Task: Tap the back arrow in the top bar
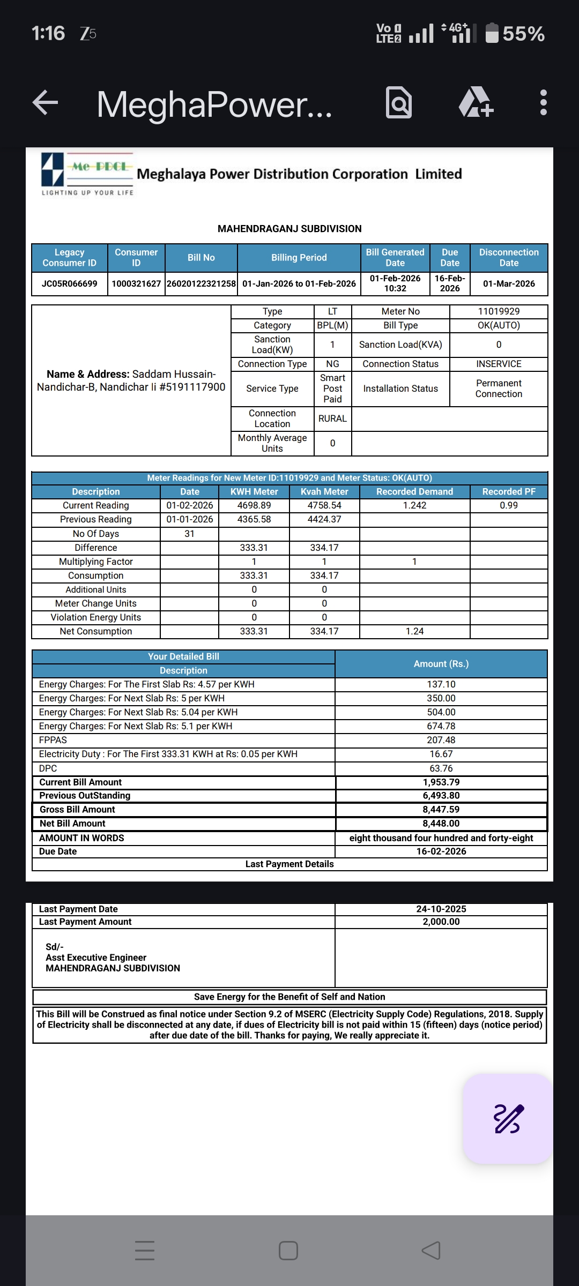pyautogui.click(x=46, y=102)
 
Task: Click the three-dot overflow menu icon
pyautogui.click(x=543, y=102)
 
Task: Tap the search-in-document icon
pyautogui.click(x=399, y=102)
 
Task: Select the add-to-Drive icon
pyautogui.click(x=476, y=102)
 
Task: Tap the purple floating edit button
pyautogui.click(x=508, y=1119)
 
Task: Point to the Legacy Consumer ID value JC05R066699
pyautogui.click(x=70, y=283)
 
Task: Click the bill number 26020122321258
pyautogui.click(x=201, y=283)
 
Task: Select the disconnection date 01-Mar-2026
pyautogui.click(x=509, y=283)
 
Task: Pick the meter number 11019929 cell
pyautogui.click(x=499, y=311)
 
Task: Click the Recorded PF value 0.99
pyautogui.click(x=509, y=505)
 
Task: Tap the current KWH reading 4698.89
pyautogui.click(x=254, y=505)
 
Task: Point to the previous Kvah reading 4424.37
pyautogui.click(x=324, y=519)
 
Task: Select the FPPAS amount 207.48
pyautogui.click(x=441, y=740)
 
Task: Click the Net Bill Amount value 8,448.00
pyautogui.click(x=441, y=824)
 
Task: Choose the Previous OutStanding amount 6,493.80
pyautogui.click(x=441, y=796)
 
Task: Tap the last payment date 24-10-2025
pyautogui.click(x=441, y=909)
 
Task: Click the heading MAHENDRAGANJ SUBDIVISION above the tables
pyautogui.click(x=289, y=229)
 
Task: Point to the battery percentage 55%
pyautogui.click(x=523, y=34)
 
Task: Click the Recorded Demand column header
pyautogui.click(x=414, y=491)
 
